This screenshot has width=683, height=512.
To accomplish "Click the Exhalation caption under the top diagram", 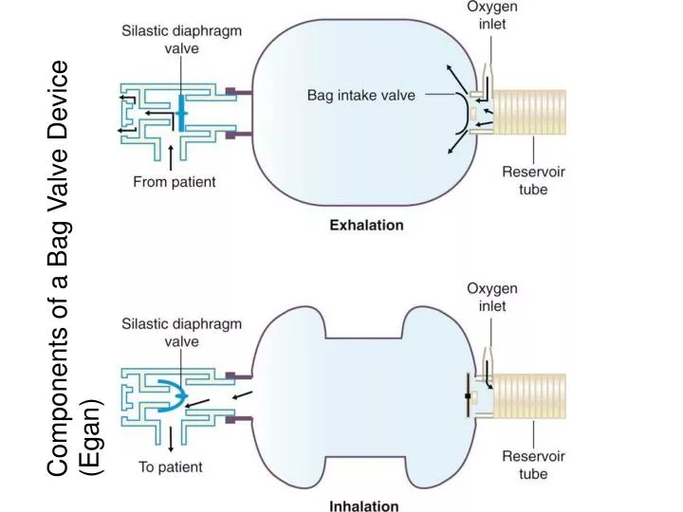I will click(x=366, y=226).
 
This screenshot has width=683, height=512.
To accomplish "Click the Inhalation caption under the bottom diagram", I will click(x=364, y=505).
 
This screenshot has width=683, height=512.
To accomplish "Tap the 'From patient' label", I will click(x=174, y=181).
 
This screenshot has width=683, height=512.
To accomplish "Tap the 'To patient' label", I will click(x=171, y=466).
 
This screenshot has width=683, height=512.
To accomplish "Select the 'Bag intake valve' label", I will click(x=360, y=96).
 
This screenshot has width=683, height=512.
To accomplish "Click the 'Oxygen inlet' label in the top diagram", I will click(x=490, y=15).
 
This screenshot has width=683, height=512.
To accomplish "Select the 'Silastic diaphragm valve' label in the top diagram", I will click(x=180, y=38).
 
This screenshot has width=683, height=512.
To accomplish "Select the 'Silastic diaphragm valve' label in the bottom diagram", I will click(x=180, y=333).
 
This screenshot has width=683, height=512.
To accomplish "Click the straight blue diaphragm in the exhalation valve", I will click(x=181, y=113).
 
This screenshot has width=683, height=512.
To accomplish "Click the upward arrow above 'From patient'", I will click(x=171, y=155).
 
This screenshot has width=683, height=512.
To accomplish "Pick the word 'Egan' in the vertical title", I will click(x=92, y=436).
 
